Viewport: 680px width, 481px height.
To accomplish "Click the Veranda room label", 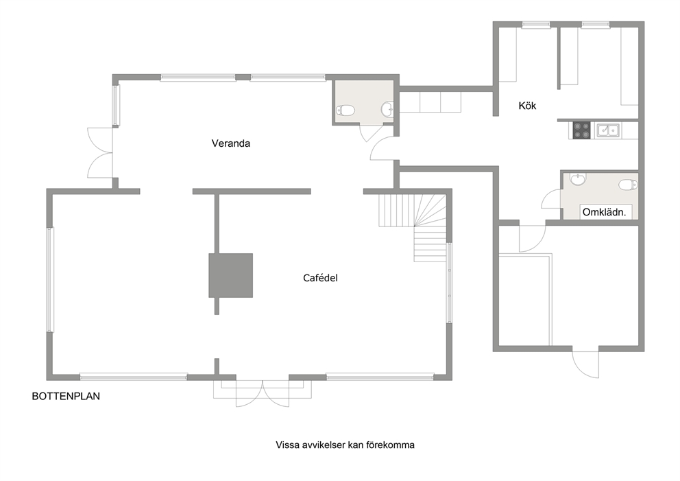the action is [231, 143].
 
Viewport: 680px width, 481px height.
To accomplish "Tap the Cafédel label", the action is [320, 278].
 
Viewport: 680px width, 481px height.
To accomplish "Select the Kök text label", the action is [527, 106].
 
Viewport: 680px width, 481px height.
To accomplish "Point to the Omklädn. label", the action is [604, 212].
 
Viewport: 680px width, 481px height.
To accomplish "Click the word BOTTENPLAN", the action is [66, 396].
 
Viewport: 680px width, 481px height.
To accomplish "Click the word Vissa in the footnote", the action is [287, 445].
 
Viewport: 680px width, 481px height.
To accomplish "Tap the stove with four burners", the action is [581, 130].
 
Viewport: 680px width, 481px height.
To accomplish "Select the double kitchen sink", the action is [608, 130].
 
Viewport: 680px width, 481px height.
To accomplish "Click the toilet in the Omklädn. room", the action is [629, 185].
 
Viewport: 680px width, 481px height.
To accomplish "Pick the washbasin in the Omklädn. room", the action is [578, 179].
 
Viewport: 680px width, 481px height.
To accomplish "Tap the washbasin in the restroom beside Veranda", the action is [387, 109].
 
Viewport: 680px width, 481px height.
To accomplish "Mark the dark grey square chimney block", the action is [231, 276].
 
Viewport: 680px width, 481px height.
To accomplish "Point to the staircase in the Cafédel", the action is [413, 226].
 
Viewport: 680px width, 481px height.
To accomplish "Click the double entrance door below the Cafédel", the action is [263, 393].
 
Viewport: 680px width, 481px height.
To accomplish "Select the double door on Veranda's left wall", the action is [100, 153].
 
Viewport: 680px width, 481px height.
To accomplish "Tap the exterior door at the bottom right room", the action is [585, 364].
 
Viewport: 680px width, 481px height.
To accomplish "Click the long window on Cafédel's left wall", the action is [50, 280].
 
